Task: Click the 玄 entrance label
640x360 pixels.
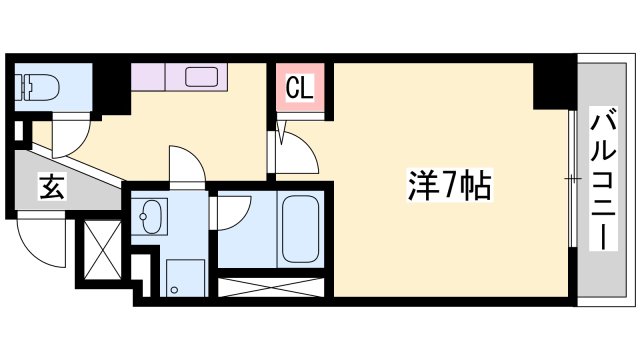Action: (51, 187)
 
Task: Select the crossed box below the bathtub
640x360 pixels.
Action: (272, 288)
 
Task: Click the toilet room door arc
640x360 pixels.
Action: (70, 137)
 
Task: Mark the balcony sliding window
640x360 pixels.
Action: (572, 180)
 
